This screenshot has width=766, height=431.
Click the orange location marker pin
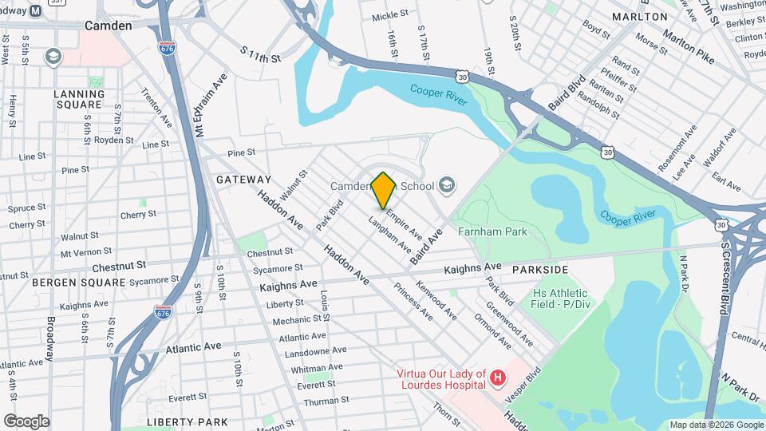click(x=384, y=190)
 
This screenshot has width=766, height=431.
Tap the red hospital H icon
click(x=498, y=376)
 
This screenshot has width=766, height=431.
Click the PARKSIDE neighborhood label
click(x=540, y=270)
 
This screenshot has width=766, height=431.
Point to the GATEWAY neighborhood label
click(x=243, y=180)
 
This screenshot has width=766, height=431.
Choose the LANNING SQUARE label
click(x=78, y=99)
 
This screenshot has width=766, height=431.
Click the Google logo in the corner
click(x=26, y=421)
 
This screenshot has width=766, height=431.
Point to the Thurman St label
click(x=322, y=401)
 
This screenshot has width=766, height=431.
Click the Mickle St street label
click(x=390, y=14)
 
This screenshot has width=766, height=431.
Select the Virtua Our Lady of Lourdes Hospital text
click(x=442, y=379)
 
